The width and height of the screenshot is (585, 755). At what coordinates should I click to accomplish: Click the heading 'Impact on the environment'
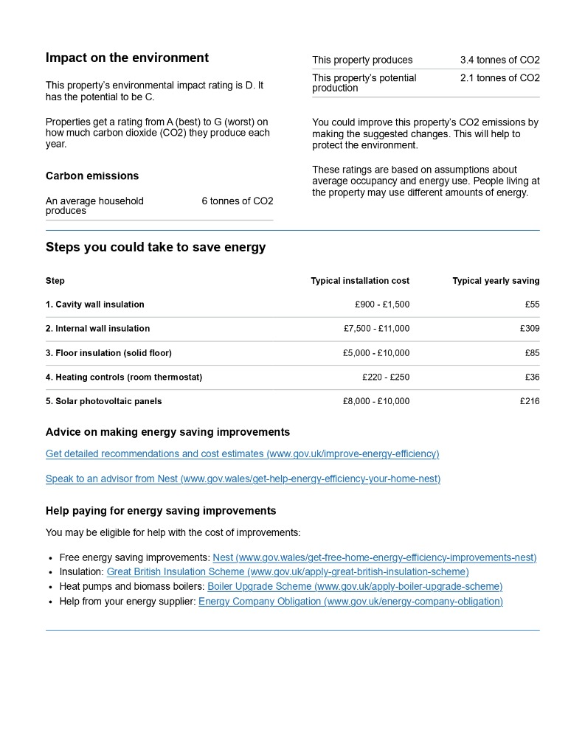click(x=127, y=58)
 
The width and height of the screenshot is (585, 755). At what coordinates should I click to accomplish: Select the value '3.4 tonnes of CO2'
click(x=499, y=60)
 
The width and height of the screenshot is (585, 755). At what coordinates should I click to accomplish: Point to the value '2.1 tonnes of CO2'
click(x=499, y=78)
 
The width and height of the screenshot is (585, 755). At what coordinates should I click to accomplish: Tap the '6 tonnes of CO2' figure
click(x=237, y=201)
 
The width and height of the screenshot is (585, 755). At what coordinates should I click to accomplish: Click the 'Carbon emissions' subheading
click(x=92, y=176)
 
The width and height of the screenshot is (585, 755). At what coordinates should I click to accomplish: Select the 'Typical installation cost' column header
click(x=360, y=281)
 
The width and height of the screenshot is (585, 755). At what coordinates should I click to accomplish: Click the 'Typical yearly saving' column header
click(x=496, y=281)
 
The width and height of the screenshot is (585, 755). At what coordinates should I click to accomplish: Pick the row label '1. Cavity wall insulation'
click(x=95, y=305)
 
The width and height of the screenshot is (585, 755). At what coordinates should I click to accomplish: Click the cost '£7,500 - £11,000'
click(x=376, y=329)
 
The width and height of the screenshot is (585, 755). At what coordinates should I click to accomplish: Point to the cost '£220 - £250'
click(x=386, y=377)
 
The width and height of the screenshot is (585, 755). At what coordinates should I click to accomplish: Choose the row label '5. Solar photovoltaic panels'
click(x=104, y=402)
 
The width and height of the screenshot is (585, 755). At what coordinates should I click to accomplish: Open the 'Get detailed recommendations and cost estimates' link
click(x=242, y=454)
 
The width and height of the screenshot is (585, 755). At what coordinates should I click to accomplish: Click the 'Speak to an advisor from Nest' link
click(x=243, y=479)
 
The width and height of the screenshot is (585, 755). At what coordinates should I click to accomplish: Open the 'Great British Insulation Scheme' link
click(x=288, y=572)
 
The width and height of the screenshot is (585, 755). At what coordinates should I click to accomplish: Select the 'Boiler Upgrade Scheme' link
click(x=355, y=587)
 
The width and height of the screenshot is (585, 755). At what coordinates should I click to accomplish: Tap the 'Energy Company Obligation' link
click(x=350, y=602)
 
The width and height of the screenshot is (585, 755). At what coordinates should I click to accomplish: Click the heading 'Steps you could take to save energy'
click(x=156, y=248)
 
